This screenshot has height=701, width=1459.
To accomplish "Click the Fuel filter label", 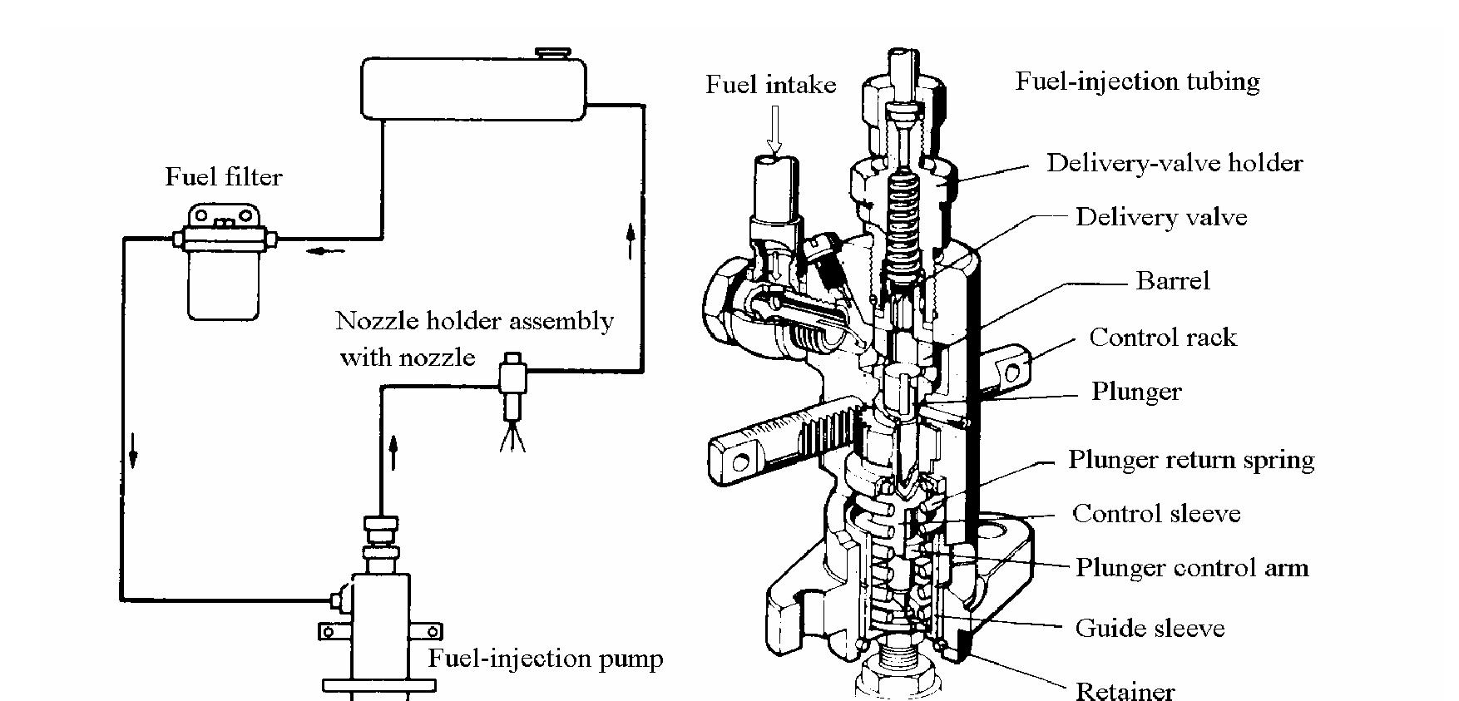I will click(x=223, y=176).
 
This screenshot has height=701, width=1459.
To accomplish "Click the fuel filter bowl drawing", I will click(x=223, y=283).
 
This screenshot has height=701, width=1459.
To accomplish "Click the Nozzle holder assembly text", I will click(x=474, y=321).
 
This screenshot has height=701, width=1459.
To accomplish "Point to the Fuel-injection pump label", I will click(x=545, y=659).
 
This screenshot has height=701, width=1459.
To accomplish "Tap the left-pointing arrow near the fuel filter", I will click(x=324, y=250).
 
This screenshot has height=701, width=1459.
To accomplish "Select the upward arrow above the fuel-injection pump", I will click(x=393, y=454).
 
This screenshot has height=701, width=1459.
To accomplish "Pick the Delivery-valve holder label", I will click(x=1174, y=163).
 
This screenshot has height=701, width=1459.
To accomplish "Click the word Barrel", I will click(x=1172, y=281).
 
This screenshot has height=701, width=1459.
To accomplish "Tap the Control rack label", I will click(x=1162, y=338).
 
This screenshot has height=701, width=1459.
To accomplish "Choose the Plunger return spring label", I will click(x=1190, y=460).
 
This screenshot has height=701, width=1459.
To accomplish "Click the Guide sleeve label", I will click(x=1150, y=628).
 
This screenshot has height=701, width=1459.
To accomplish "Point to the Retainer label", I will click(x=1125, y=690).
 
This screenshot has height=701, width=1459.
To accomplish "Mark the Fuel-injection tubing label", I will click(x=1137, y=81).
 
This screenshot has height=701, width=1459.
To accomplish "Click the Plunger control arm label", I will click(x=1191, y=568).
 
